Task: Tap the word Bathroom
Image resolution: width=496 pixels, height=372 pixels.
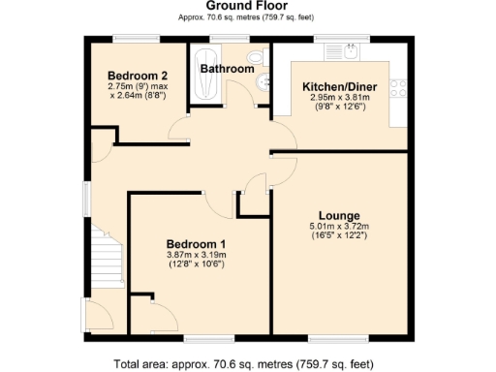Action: click(227, 69)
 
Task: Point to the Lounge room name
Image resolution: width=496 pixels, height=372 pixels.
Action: click(339, 215)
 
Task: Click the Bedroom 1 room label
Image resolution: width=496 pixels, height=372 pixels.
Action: click(196, 243)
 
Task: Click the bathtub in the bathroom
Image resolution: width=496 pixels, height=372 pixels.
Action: click(203, 72)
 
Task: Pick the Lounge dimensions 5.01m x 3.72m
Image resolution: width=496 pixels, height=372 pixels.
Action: click(339, 227)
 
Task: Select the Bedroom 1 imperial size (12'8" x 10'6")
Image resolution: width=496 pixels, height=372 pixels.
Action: click(196, 264)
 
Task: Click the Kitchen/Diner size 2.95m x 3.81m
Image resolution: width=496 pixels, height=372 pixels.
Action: click(333, 98)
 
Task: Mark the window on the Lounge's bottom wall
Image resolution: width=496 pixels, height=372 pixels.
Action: click(328, 338)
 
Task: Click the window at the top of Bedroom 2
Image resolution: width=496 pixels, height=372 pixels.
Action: click(129, 38)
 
